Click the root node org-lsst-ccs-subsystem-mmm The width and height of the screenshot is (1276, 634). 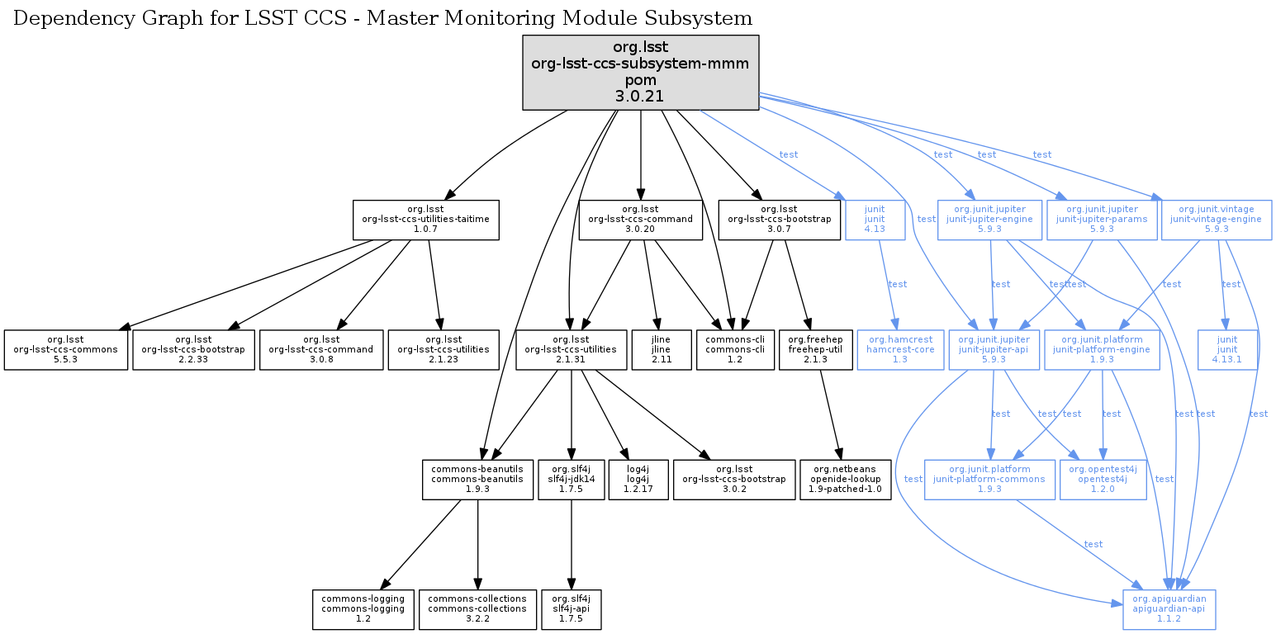640,73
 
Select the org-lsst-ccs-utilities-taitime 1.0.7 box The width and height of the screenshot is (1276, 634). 425,220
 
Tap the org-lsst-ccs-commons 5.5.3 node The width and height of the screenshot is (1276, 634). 66,350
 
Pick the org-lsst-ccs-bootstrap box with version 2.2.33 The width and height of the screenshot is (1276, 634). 193,350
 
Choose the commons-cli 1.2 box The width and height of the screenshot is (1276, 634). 735,350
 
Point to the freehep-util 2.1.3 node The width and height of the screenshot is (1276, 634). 815,350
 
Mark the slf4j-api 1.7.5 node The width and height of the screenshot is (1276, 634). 572,609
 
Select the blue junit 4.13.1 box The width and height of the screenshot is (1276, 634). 1228,350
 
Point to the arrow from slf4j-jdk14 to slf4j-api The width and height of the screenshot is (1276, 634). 572,545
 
